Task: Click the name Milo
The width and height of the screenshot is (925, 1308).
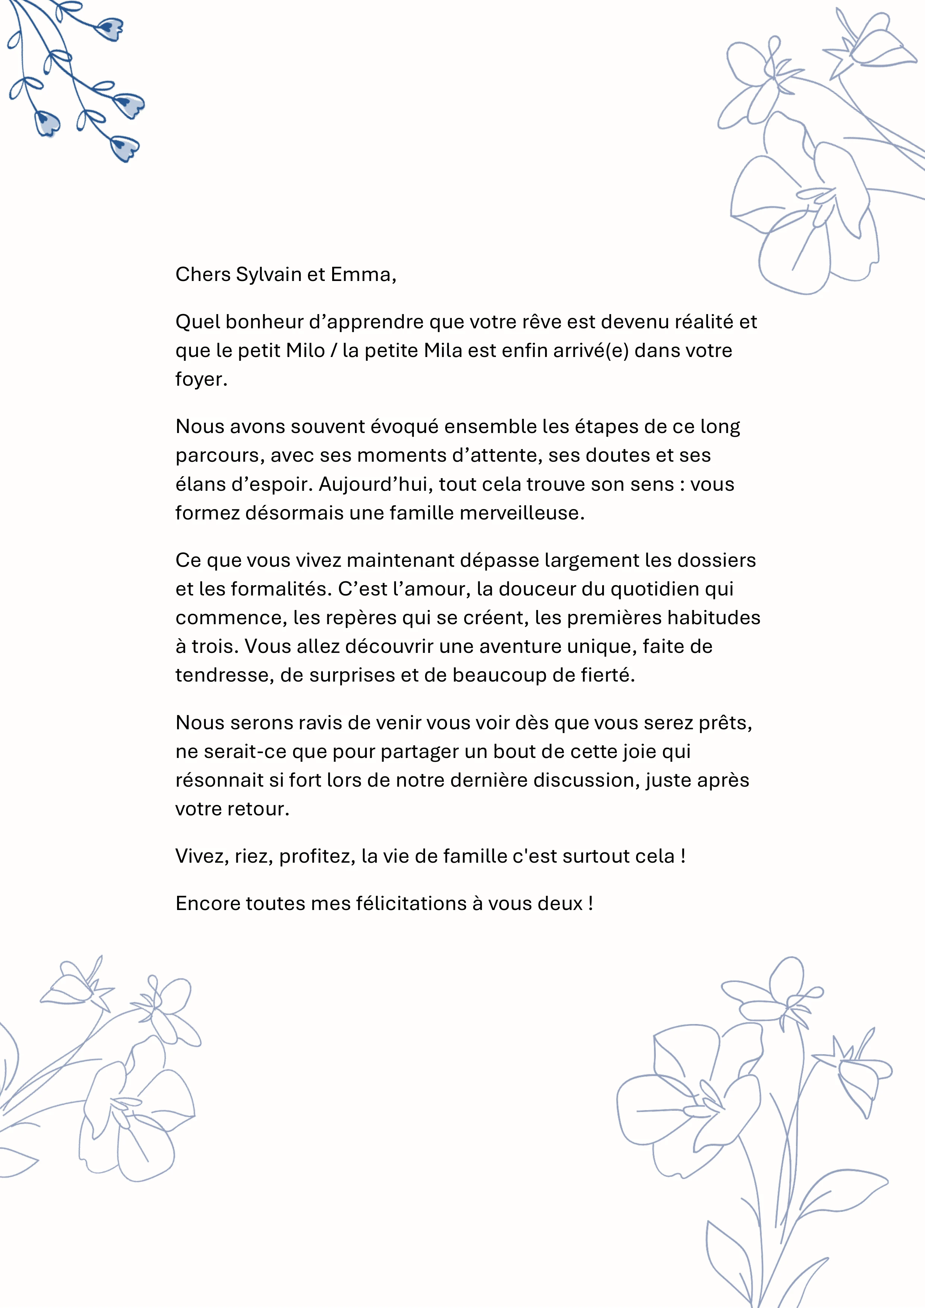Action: coord(305,350)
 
